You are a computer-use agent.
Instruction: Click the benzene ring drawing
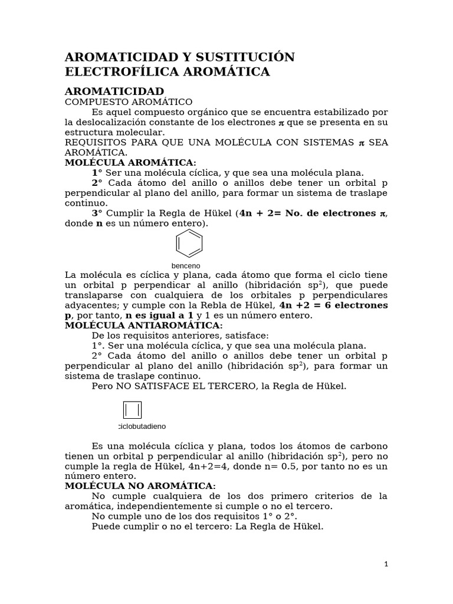pos(189,244)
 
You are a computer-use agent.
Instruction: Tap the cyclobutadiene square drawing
pos(132,410)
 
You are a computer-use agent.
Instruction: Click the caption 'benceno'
pos(186,266)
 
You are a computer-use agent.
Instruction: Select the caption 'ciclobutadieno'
pos(142,426)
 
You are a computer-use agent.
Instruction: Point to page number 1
pos(386,564)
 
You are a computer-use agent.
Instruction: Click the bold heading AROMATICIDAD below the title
pos(114,91)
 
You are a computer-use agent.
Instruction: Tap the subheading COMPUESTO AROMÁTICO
pos(129,102)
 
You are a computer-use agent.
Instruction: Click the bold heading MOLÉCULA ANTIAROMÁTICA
pos(143,325)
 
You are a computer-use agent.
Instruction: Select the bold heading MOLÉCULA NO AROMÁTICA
pos(140,485)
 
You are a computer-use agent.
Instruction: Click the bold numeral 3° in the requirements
pos(97,213)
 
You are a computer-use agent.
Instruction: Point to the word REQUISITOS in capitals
pos(94,143)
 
